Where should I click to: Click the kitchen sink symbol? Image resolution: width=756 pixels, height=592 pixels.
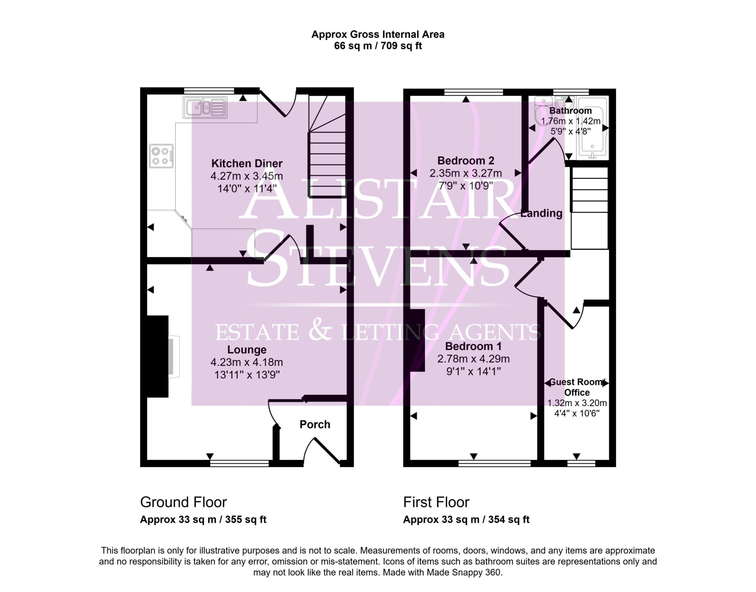[205, 108]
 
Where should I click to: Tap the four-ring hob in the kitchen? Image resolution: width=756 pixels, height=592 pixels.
[161, 156]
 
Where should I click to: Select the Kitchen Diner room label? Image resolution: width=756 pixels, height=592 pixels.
[247, 163]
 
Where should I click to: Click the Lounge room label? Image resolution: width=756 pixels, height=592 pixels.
[247, 350]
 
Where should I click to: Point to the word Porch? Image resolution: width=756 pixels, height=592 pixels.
[315, 425]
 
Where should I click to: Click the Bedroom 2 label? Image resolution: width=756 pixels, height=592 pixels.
[465, 161]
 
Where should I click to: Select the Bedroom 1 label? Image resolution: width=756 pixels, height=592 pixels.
[473, 346]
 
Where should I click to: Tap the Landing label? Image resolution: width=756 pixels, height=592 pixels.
[542, 213]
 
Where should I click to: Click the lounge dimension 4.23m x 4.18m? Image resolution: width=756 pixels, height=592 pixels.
[247, 362]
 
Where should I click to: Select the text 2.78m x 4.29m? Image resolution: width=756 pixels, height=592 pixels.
[473, 359]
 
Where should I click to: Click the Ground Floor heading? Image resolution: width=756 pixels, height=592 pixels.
[183, 502]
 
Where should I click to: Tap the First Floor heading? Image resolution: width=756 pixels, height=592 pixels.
[436, 502]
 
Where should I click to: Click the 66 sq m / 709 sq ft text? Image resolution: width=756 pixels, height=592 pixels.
[378, 46]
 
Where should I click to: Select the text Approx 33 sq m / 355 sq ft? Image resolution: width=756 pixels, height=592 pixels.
[203, 520]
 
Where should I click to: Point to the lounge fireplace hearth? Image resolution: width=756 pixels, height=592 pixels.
[174, 356]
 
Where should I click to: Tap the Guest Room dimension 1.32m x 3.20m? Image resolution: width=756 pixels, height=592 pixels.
[577, 403]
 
